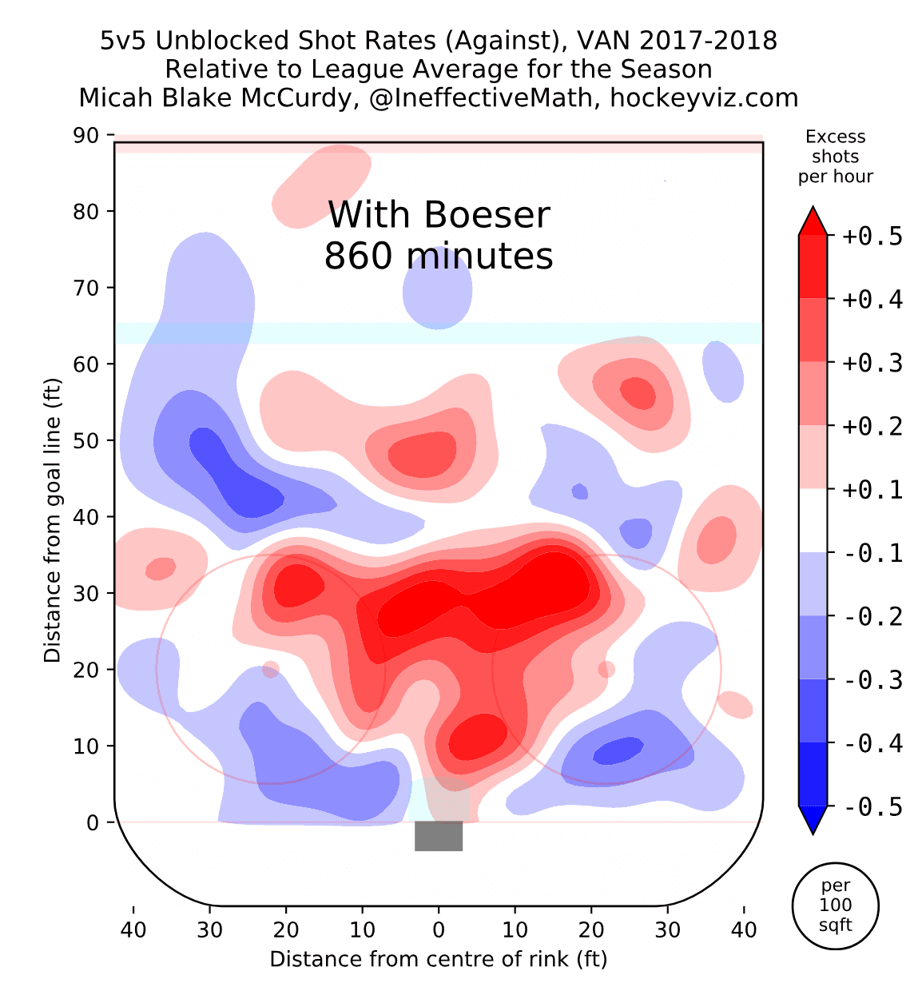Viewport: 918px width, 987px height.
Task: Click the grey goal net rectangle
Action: pos(439,836)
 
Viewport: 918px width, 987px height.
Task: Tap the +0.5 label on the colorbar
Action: pos(872,237)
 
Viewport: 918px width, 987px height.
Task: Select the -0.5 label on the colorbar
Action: pos(872,807)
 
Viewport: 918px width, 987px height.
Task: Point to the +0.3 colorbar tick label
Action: pos(872,363)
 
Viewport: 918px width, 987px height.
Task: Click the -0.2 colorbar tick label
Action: pos(872,617)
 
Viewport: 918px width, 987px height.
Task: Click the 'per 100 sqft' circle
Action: pos(835,905)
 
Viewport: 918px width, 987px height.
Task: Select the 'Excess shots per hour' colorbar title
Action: pos(835,157)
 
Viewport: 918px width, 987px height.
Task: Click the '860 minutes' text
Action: pos(439,257)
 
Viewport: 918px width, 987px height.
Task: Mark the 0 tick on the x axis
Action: pos(439,929)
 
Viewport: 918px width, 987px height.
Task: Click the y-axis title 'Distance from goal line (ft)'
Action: pos(53,519)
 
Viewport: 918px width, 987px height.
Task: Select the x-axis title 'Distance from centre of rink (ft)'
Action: pos(439,959)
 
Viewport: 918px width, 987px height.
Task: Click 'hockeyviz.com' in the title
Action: pos(704,98)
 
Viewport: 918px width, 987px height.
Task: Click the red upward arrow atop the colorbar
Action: pos(813,221)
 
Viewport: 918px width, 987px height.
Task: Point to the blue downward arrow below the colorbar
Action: pos(813,820)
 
